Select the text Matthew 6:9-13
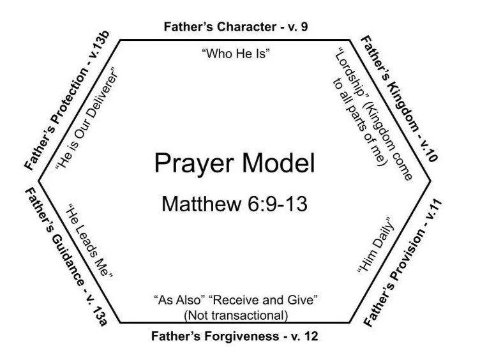(x=234, y=205)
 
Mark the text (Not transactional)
(x=236, y=315)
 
